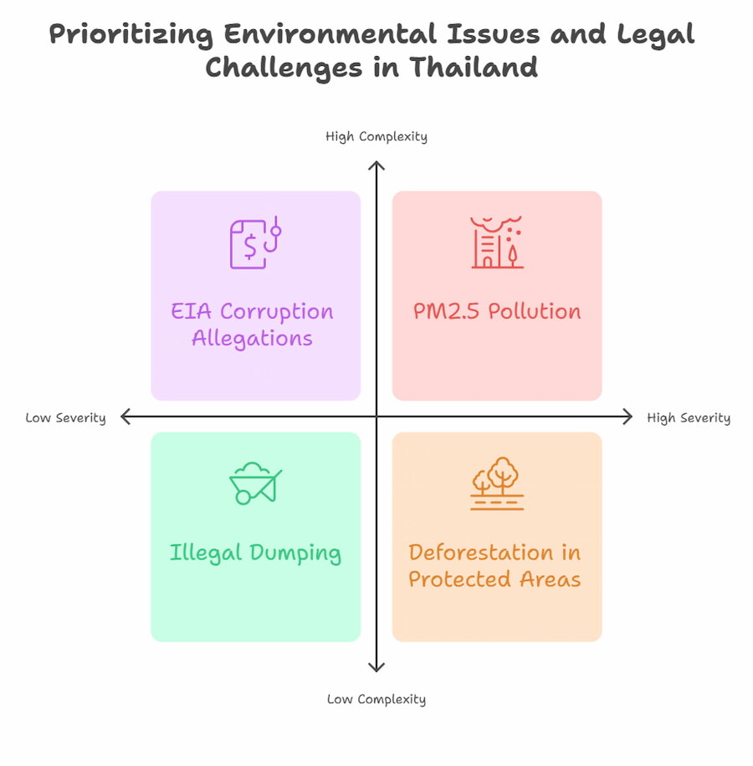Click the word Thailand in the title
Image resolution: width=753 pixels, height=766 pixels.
tap(474, 67)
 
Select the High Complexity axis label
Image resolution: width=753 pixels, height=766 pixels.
tap(376, 136)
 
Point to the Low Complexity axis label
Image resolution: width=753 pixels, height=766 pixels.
tap(376, 699)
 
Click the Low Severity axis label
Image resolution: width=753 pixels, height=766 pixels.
tap(65, 417)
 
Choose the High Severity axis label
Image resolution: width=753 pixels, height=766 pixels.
tap(689, 417)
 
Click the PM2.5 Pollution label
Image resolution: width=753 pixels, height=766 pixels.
tap(497, 311)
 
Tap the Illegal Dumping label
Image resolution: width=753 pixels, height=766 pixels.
tap(255, 553)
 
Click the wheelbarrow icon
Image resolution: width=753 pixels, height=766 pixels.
tap(254, 483)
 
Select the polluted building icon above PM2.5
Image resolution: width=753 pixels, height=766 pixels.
tap(497, 243)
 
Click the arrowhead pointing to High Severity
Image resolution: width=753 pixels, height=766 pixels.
tap(627, 416)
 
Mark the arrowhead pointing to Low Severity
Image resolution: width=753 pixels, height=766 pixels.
tap(125, 416)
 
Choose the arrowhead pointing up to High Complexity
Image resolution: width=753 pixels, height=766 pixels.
tap(376, 166)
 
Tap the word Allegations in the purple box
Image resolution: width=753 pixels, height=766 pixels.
tap(252, 339)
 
